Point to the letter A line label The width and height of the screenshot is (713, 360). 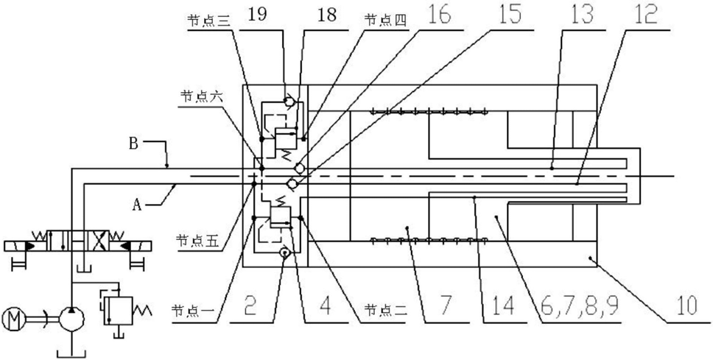pyautogui.click(x=136, y=206)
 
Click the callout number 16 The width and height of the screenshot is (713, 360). pyautogui.click(x=438, y=15)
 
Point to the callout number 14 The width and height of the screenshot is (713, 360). pyautogui.click(x=504, y=307)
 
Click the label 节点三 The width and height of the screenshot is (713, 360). pyautogui.click(x=204, y=21)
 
